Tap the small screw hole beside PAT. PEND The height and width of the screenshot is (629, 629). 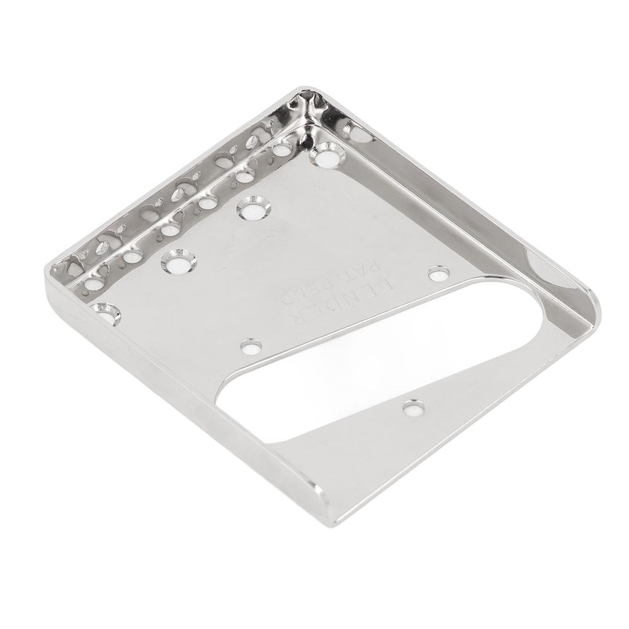pos(439,273)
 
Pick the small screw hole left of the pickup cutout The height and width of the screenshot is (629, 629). pos(250,346)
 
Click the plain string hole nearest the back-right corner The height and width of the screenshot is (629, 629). pos(282,149)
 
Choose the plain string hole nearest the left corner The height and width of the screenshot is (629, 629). pos(94,283)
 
